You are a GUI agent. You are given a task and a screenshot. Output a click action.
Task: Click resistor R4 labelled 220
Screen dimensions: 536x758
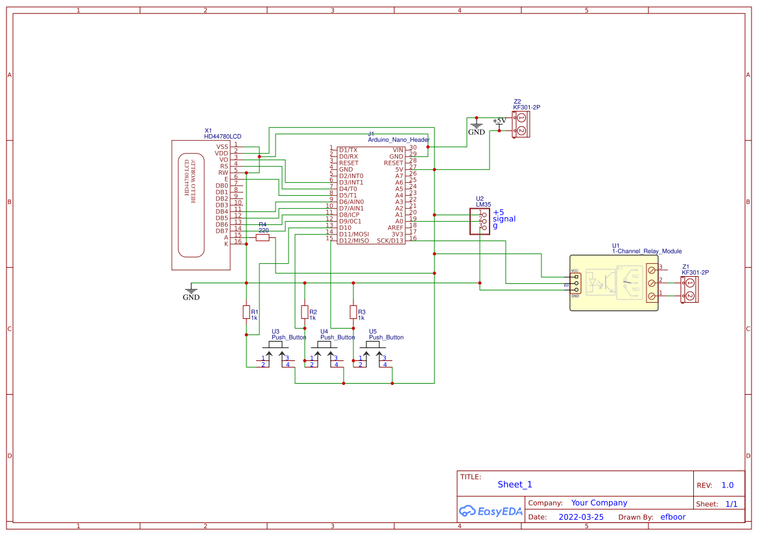(x=263, y=238)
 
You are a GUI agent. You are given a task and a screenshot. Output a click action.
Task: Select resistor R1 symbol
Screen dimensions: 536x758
(x=246, y=312)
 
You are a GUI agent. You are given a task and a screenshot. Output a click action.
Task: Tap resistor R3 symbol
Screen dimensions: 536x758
(x=353, y=312)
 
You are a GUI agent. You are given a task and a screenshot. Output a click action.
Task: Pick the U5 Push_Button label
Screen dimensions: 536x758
(x=386, y=337)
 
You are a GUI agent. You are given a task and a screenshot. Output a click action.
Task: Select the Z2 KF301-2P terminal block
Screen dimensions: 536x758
(x=521, y=124)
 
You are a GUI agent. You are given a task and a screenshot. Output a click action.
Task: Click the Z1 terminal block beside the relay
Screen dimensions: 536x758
(x=689, y=289)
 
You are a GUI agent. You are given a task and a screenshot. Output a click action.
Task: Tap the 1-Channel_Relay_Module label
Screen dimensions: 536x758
(x=646, y=251)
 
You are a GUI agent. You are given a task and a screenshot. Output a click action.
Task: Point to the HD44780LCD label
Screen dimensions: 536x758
(x=222, y=136)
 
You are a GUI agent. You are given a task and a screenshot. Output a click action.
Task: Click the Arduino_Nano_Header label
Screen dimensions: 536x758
(x=399, y=139)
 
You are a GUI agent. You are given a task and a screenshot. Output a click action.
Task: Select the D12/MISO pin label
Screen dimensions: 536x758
(x=353, y=240)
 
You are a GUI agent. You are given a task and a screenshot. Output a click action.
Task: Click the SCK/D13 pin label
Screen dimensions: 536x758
(x=390, y=240)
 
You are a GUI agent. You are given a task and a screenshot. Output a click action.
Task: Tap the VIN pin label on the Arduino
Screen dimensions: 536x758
(x=397, y=150)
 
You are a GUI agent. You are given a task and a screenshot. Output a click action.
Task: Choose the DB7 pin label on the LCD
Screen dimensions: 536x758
(x=222, y=231)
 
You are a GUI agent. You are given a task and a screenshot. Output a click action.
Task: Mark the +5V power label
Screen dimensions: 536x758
(x=499, y=121)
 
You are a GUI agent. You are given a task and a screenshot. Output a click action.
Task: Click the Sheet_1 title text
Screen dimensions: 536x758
(x=515, y=484)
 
